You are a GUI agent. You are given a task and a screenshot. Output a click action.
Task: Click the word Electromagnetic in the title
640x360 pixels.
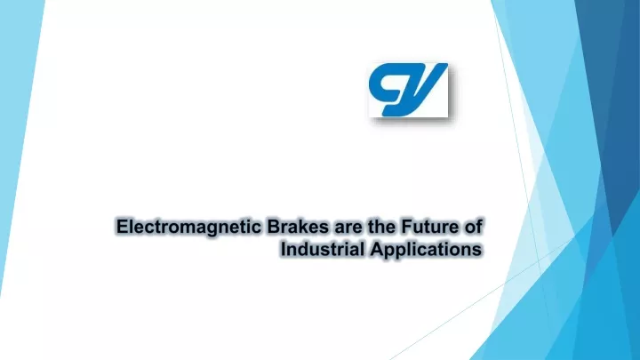click(188, 228)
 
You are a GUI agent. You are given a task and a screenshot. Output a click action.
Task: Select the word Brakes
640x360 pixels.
click(298, 227)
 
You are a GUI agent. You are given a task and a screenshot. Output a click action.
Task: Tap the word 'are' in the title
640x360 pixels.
click(348, 228)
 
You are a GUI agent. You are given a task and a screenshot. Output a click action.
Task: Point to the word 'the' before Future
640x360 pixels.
click(381, 227)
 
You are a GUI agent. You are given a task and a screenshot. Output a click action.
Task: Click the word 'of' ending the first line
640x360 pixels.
click(474, 227)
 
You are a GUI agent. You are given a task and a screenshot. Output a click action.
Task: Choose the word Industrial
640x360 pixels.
click(323, 249)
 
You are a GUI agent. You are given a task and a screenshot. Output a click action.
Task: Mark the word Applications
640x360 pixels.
click(426, 250)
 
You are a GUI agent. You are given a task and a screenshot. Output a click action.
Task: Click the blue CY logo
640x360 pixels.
click(408, 90)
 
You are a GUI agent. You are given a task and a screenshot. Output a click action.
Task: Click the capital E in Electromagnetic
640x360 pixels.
click(123, 227)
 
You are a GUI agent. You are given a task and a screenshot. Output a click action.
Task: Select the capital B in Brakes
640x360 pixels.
click(274, 227)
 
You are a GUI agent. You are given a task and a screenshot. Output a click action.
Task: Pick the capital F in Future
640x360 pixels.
click(407, 227)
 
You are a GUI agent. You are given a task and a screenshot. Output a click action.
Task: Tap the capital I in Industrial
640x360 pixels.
click(283, 249)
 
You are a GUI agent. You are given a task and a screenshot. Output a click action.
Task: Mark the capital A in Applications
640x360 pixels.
click(378, 249)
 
